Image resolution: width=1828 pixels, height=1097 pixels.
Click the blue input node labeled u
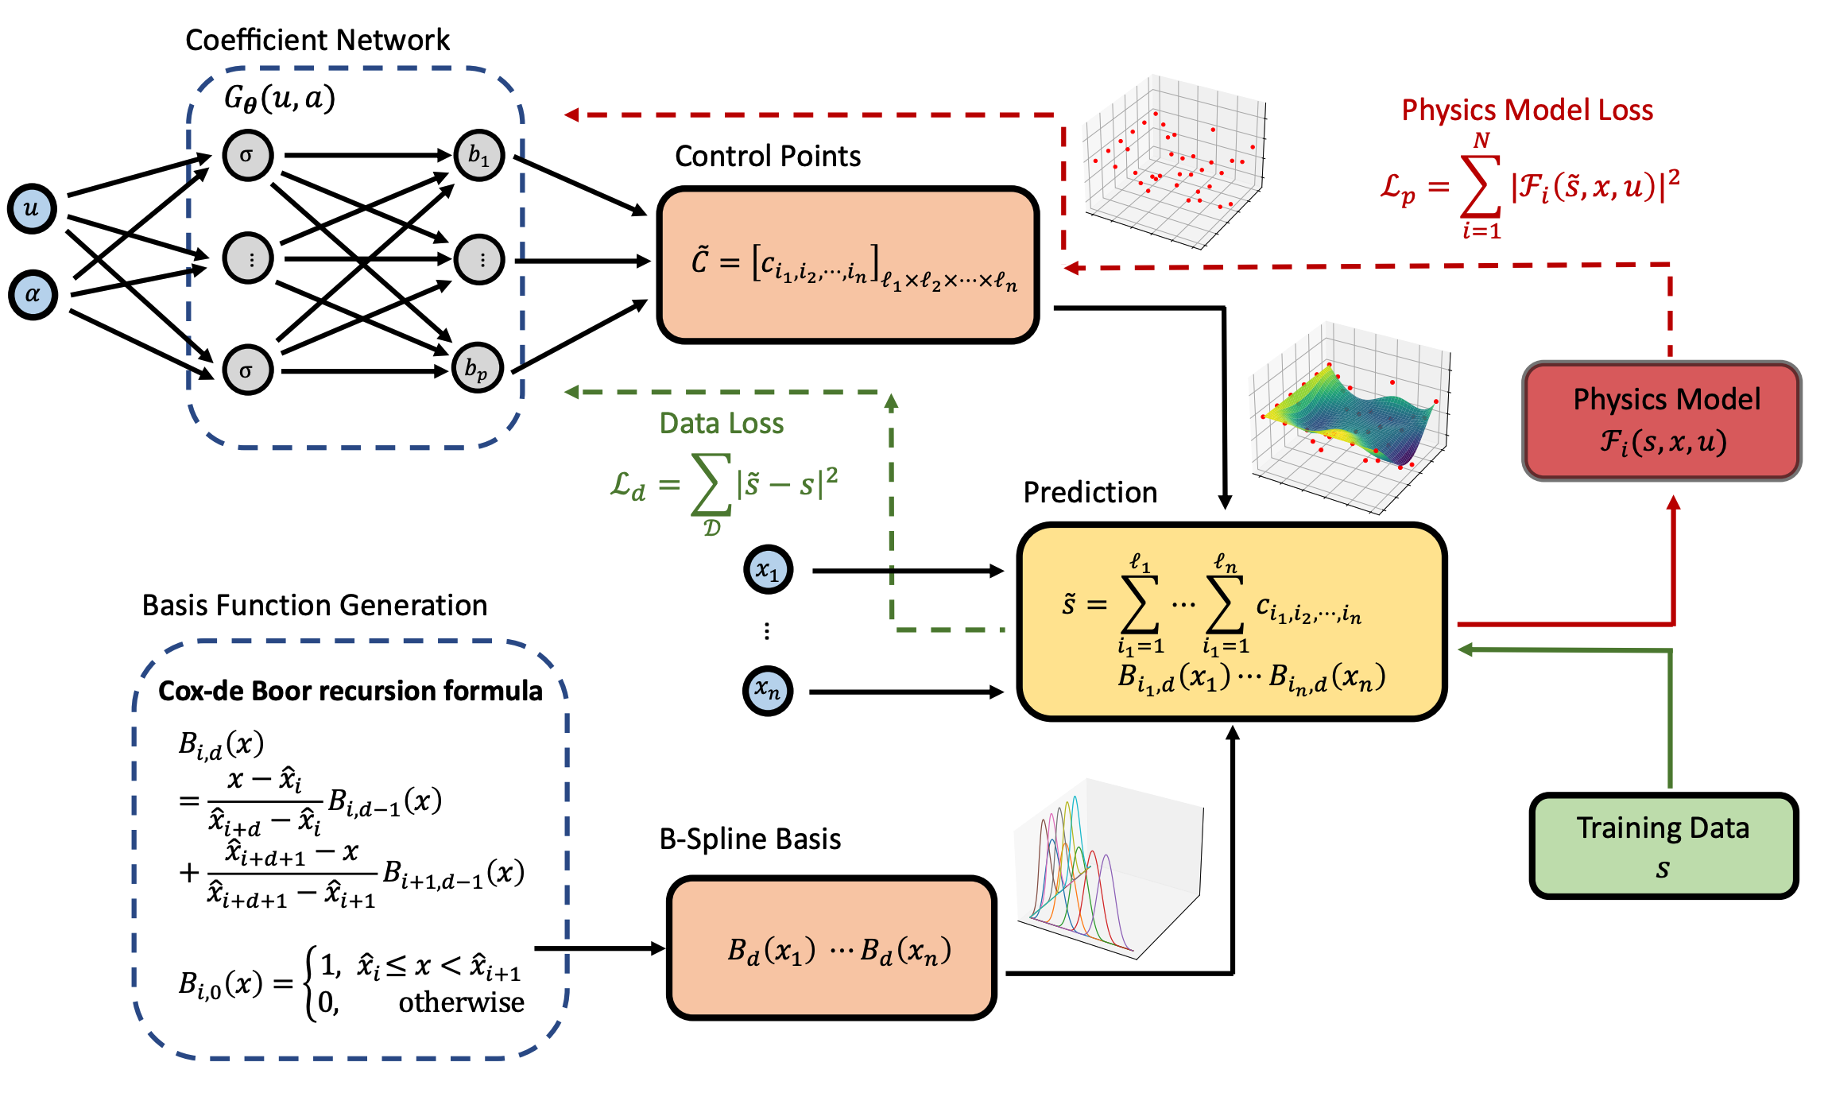pos(32,209)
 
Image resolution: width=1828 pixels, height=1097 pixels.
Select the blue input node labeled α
pos(33,294)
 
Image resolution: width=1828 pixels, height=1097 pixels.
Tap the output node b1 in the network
pos(478,155)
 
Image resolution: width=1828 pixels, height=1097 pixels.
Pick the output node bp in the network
pos(477,368)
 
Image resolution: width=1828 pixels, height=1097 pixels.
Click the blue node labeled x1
pos(768,569)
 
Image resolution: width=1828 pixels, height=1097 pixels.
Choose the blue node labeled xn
pos(767,690)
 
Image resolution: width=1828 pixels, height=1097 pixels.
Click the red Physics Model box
pos(1661,421)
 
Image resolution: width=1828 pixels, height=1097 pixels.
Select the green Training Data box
pos(1663,846)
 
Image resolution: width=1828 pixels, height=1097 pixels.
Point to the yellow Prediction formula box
pos(1230,622)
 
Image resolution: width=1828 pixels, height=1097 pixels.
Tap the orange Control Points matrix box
pos(848,265)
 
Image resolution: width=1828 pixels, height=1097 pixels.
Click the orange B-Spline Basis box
pos(831,948)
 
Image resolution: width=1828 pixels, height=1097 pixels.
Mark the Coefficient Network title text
pos(317,40)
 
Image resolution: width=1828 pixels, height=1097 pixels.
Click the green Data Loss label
pos(721,423)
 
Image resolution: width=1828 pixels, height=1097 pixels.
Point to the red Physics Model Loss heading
pos(1526,110)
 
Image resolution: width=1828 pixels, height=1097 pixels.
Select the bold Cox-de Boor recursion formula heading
pos(350,691)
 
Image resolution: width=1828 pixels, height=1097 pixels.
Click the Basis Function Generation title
pos(314,605)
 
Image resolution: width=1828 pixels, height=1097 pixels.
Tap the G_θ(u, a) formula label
pos(279,98)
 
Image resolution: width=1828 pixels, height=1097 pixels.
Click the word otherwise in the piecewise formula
pos(461,1002)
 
